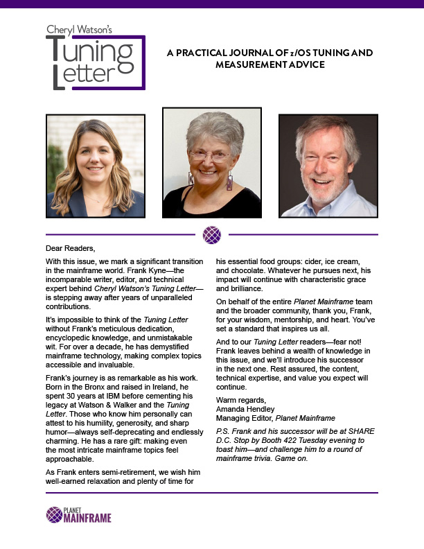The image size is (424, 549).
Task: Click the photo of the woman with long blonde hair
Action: pyautogui.click(x=95, y=166)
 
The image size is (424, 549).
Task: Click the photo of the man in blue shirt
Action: pyautogui.click(x=328, y=166)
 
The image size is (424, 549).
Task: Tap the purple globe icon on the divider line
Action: pyautogui.click(x=211, y=235)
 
